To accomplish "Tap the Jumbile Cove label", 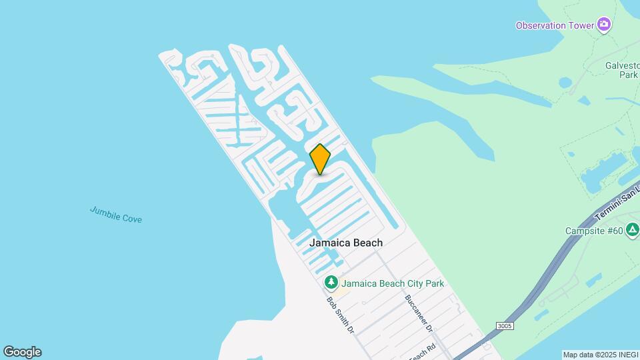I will (x=116, y=215).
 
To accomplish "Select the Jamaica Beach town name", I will (x=346, y=243).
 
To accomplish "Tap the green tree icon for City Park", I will (x=331, y=283).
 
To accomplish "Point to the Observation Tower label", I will (x=555, y=25).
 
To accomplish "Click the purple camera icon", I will (x=604, y=25).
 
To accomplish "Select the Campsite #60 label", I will (x=593, y=231).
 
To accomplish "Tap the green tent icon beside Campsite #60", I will (x=632, y=231).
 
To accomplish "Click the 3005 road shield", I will (x=505, y=325).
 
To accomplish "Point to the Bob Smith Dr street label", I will (x=339, y=315).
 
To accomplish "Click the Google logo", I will (x=22, y=352).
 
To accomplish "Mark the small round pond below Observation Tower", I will (x=565, y=83).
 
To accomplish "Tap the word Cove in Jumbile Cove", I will (x=131, y=218).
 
